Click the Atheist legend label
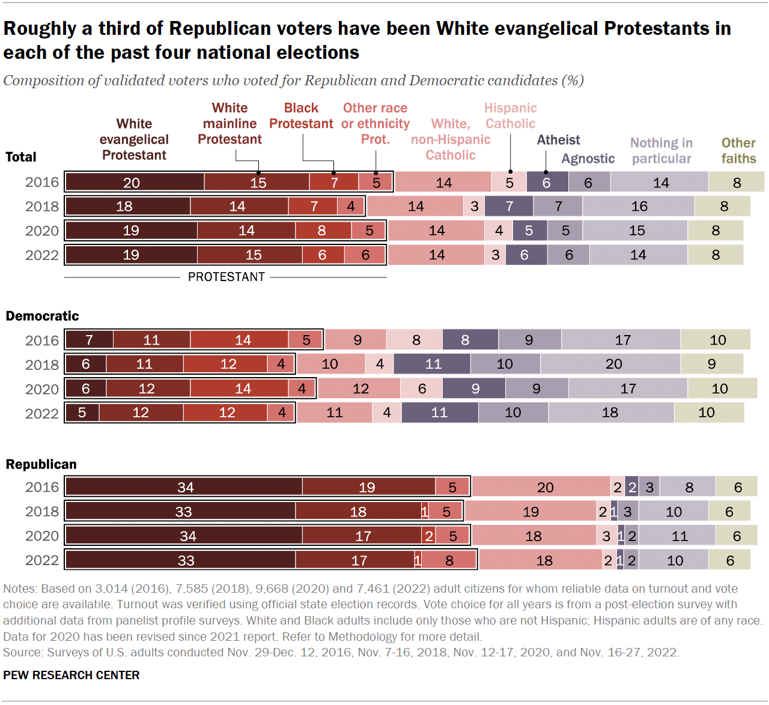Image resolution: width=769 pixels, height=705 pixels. click(558, 140)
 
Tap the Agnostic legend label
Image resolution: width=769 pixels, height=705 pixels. click(588, 159)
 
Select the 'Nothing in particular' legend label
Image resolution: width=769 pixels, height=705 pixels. click(661, 151)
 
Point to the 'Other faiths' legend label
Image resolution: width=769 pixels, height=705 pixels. click(738, 151)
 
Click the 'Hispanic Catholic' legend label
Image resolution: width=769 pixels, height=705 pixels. click(510, 116)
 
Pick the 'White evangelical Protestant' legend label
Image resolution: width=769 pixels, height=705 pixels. click(134, 139)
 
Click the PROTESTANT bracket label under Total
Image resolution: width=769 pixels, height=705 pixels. click(226, 277)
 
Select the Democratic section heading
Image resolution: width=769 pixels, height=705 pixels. click(42, 316)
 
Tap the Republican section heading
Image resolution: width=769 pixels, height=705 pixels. click(41, 464)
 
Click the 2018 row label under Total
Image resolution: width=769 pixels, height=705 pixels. click(42, 207)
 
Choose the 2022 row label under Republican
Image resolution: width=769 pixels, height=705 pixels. click(42, 560)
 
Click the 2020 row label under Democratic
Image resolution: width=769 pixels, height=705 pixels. click(42, 389)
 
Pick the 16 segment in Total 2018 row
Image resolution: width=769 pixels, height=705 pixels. click(639, 207)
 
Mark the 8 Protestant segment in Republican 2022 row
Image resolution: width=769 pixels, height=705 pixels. click(449, 560)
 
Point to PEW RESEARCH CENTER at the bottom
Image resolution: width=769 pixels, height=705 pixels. click(71, 675)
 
